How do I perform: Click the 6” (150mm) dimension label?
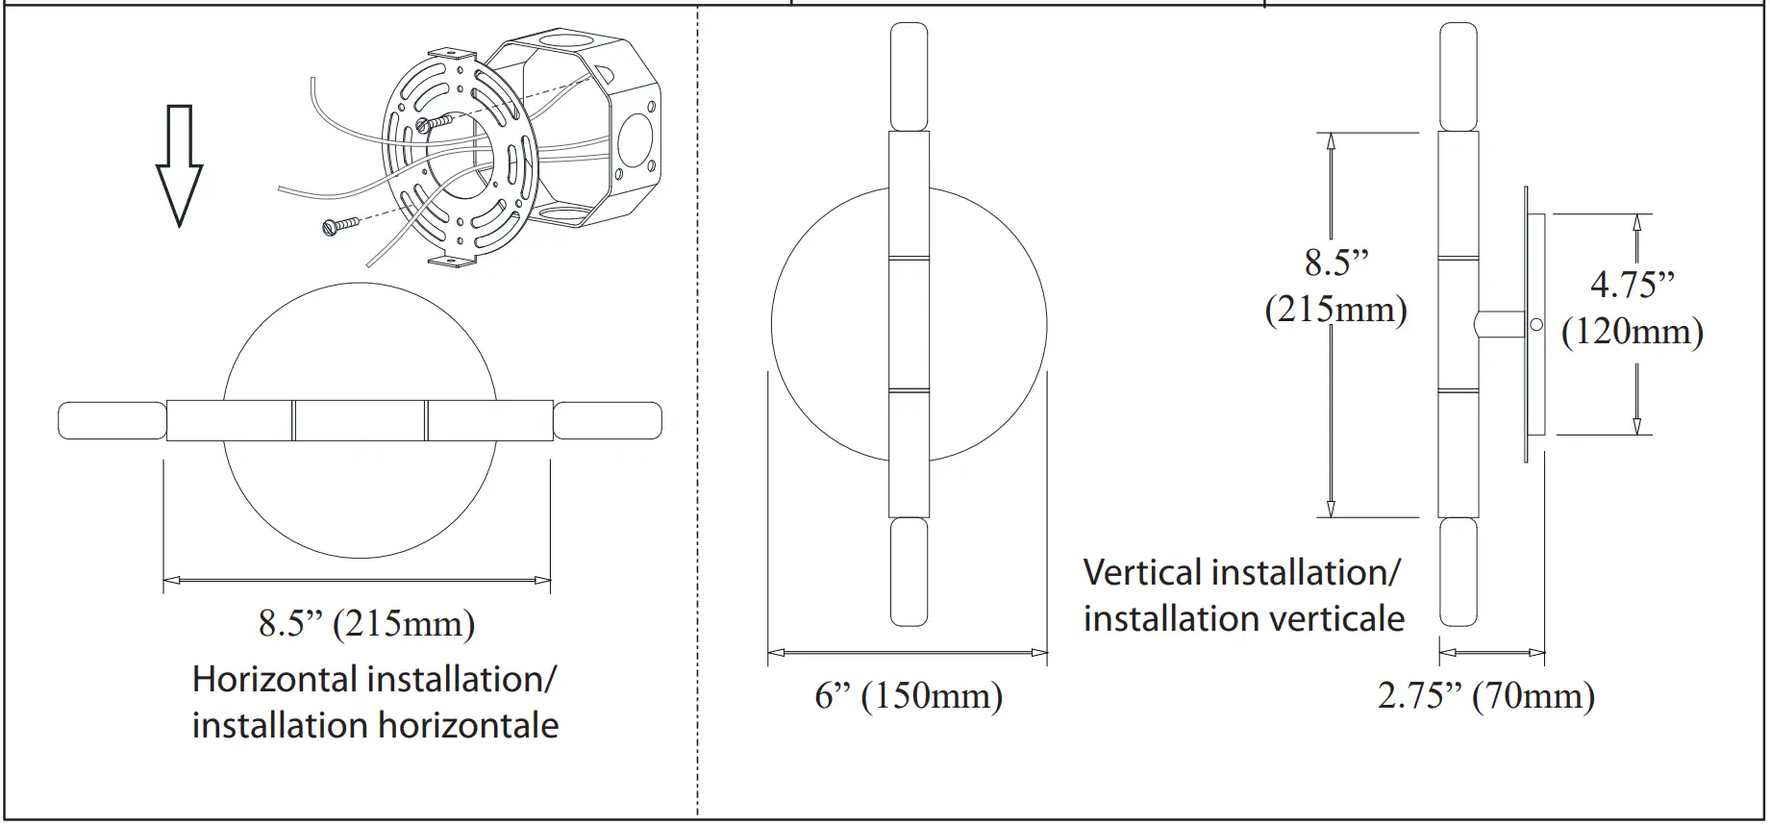[x=908, y=695]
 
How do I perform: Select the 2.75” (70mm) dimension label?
[x=1485, y=695]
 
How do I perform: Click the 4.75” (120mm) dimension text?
[x=1632, y=308]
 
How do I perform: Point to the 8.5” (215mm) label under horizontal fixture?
[x=366, y=623]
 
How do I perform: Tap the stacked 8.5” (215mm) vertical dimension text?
[x=1335, y=286]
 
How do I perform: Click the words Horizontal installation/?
[x=374, y=679]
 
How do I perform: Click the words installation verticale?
[x=1243, y=618]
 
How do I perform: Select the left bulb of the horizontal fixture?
[x=112, y=421]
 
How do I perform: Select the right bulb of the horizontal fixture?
[x=608, y=421]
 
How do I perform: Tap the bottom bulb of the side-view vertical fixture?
[x=1458, y=572]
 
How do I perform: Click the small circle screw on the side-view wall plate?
[x=1535, y=325]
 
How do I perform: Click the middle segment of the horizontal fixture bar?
[x=360, y=421]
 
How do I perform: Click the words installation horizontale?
[x=375, y=725]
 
